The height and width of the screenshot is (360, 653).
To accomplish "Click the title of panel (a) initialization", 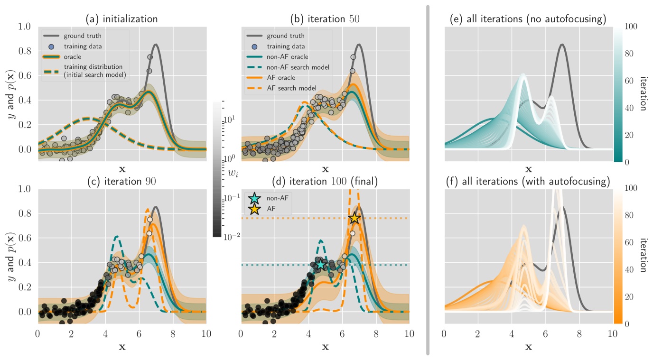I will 121,19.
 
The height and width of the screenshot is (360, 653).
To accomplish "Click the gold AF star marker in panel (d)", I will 354,218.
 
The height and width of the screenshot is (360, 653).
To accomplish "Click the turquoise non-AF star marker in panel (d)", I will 321,264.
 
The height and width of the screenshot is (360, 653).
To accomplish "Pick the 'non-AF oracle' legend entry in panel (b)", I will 290,57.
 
